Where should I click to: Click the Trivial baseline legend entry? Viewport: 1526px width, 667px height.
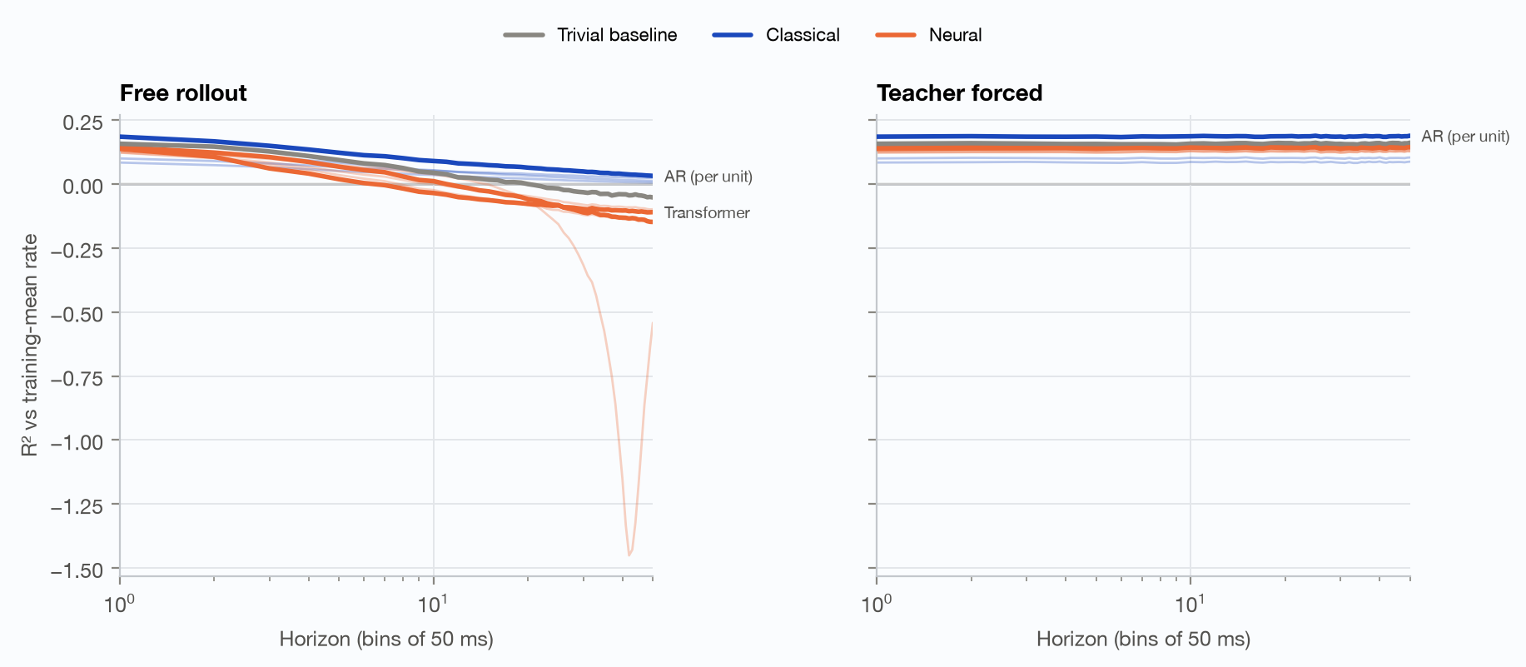point(590,35)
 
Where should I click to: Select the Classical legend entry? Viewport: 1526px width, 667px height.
point(776,35)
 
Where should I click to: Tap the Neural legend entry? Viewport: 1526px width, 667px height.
point(929,35)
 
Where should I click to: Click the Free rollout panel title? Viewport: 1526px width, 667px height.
point(183,92)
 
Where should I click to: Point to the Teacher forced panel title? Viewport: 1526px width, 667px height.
point(959,92)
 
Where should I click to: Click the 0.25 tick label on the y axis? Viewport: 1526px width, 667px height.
point(83,122)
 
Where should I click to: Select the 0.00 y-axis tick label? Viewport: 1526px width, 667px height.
point(83,186)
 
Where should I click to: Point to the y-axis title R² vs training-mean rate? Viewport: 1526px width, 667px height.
point(30,345)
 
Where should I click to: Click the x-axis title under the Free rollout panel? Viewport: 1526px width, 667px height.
point(386,640)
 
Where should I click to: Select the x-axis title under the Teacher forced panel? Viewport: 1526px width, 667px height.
point(1143,640)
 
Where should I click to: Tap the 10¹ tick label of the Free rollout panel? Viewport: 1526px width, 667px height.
point(433,603)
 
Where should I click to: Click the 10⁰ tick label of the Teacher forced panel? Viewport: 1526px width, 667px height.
point(876,603)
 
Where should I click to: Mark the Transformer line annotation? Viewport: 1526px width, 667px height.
point(707,213)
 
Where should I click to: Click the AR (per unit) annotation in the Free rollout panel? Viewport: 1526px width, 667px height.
point(708,177)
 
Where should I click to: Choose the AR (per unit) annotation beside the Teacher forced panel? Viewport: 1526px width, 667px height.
point(1465,137)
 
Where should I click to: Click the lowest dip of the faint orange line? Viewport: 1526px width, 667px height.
point(629,555)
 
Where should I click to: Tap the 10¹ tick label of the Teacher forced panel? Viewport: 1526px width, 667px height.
point(1190,603)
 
